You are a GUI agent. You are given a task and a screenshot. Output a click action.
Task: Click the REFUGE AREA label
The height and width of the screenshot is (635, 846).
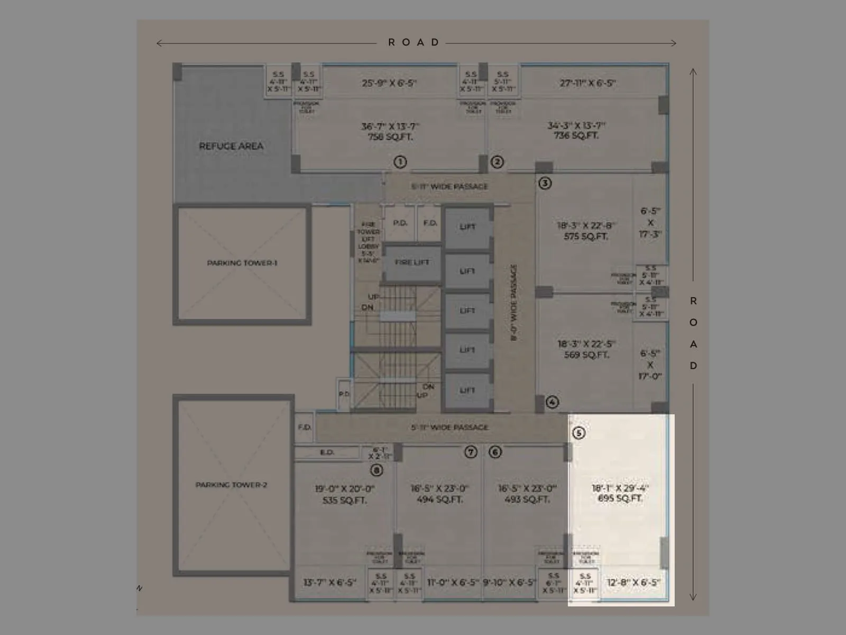point(231,146)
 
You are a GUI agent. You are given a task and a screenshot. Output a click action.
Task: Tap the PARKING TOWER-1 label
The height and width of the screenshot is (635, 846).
point(242,263)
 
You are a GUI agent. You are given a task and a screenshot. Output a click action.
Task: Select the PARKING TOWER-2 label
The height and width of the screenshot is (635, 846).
point(232,485)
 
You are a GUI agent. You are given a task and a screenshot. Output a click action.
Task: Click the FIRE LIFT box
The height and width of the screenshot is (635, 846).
point(412,262)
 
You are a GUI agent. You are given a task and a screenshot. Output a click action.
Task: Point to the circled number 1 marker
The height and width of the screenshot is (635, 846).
point(400,162)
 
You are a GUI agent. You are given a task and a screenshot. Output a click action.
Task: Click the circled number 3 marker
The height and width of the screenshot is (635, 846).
point(545,183)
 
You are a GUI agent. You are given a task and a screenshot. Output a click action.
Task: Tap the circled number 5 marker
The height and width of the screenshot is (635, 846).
point(578,433)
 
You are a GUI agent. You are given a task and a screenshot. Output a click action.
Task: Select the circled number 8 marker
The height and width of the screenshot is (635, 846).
point(376,470)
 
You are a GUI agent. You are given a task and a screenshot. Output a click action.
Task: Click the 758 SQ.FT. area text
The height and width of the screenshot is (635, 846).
point(390,137)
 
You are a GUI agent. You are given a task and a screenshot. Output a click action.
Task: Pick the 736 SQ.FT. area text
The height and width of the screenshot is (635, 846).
point(576,136)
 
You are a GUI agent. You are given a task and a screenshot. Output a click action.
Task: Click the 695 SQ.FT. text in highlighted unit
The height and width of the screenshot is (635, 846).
point(620,498)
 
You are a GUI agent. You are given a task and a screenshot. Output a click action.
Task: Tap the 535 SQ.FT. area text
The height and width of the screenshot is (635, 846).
point(344,500)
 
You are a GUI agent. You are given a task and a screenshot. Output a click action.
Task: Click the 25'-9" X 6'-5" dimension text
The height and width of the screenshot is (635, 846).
point(390,83)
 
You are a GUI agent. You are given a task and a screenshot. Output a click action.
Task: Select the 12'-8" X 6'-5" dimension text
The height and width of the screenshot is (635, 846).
point(633,583)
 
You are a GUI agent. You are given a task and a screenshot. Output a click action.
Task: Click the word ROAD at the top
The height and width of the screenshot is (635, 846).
point(414,42)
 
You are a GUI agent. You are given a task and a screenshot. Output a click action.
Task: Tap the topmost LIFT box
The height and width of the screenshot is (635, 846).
point(467,227)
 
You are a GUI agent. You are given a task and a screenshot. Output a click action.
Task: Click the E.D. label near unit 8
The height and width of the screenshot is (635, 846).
point(327,452)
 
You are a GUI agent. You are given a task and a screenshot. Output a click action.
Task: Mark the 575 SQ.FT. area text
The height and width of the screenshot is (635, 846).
point(585,237)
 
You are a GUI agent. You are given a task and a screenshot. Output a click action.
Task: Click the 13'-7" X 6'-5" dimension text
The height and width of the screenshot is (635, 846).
point(329,583)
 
